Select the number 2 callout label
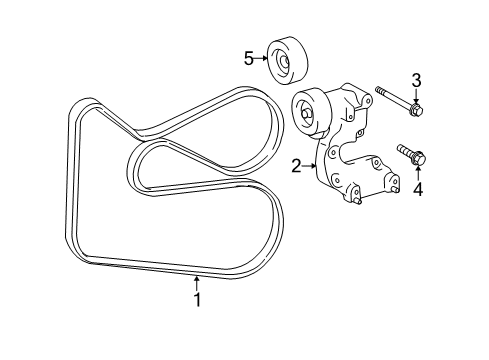tap(297, 167)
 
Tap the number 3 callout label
tap(417, 80)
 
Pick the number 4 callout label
tap(420, 187)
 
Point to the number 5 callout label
tap(249, 59)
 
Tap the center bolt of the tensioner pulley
tap(304, 112)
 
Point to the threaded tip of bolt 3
tap(380, 92)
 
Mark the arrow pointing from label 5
tap(263, 59)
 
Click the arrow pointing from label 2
tap(311, 166)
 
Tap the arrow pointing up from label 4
tap(420, 172)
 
